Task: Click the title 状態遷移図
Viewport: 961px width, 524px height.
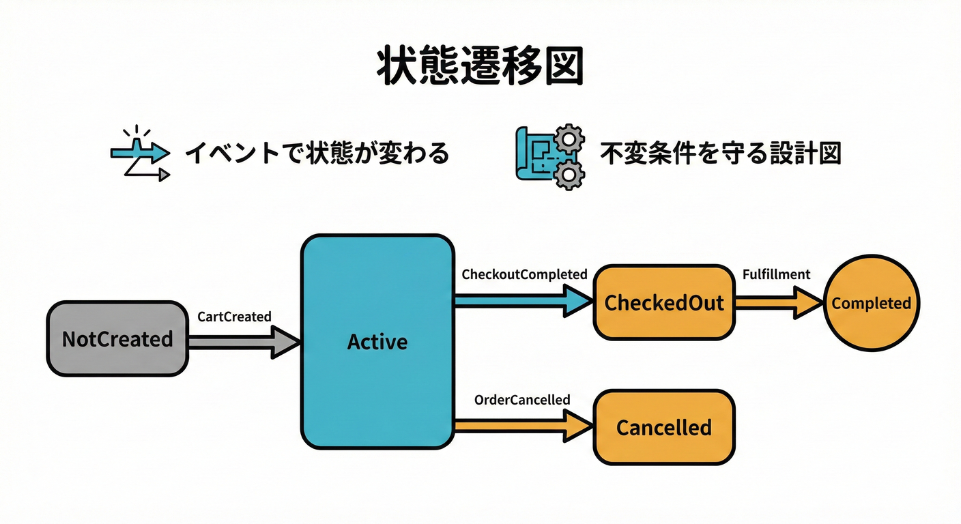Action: click(x=480, y=67)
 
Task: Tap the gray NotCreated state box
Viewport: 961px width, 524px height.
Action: click(x=117, y=338)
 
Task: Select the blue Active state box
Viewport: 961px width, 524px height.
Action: click(x=377, y=341)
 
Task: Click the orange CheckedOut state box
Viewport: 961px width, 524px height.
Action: click(x=664, y=302)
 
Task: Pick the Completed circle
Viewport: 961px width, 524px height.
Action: click(x=872, y=303)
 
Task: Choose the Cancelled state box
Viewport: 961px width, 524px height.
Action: click(x=664, y=428)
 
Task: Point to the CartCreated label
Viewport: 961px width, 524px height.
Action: click(x=234, y=317)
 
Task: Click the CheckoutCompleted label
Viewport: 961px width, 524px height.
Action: click(x=524, y=274)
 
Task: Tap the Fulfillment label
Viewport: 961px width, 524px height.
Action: click(x=776, y=274)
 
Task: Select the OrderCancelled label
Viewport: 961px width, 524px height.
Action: click(x=522, y=400)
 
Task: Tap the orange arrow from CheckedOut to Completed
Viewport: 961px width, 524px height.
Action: click(x=778, y=302)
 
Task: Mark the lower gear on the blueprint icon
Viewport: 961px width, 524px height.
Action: click(x=566, y=175)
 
